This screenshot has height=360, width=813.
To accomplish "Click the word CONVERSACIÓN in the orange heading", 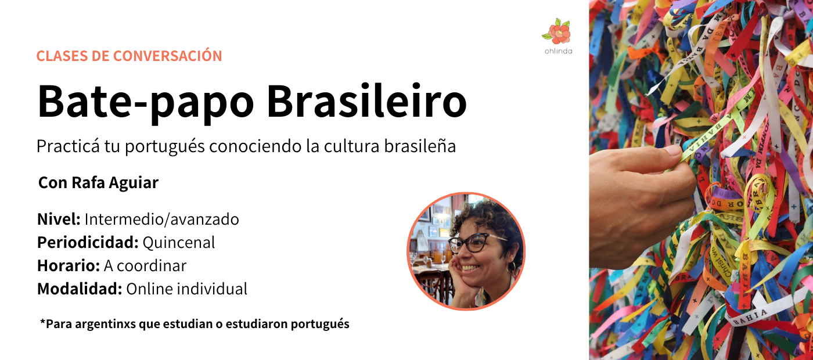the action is (x=167, y=56).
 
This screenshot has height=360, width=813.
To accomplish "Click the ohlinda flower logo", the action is (x=557, y=31).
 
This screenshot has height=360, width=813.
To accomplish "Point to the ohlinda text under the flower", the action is (x=558, y=51).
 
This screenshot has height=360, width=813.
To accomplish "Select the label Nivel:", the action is (x=59, y=219).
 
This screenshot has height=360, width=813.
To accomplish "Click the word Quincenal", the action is (x=179, y=243).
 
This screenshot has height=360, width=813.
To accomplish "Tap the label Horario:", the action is (x=69, y=266).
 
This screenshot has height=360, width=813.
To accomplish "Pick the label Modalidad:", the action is (x=80, y=289).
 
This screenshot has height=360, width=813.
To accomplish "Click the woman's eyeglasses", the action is (x=475, y=243).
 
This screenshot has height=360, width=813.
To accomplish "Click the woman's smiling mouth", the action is (x=471, y=268).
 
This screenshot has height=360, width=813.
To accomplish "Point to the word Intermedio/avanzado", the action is (x=162, y=219).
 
